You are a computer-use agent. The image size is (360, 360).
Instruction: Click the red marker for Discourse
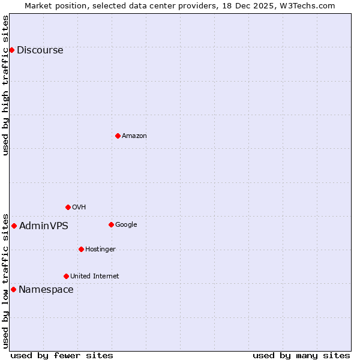(x=11, y=50)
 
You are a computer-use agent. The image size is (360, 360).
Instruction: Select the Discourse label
(x=40, y=50)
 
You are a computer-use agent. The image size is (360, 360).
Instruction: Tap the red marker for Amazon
(x=118, y=136)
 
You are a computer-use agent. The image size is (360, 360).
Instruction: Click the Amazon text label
(x=134, y=136)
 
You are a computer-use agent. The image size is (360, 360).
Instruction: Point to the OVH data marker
(x=68, y=207)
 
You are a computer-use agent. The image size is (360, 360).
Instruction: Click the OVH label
(x=79, y=208)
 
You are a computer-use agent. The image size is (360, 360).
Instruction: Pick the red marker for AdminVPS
(x=14, y=226)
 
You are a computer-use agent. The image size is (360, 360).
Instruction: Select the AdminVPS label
(x=44, y=226)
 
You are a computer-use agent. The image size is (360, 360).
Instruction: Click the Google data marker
(x=111, y=224)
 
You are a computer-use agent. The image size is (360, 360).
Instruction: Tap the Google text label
(x=126, y=225)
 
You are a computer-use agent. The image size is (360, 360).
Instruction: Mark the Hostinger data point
(x=81, y=249)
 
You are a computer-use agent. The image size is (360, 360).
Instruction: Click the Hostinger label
(x=100, y=250)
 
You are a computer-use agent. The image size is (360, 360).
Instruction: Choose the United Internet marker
(x=66, y=276)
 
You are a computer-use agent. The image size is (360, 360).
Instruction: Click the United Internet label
(x=95, y=277)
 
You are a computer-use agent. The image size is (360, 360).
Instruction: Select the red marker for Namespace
(x=13, y=289)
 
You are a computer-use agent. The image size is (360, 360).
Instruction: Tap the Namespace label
(x=46, y=290)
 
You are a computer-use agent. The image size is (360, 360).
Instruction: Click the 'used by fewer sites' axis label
(x=62, y=355)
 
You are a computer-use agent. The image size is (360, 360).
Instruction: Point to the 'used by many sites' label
(x=301, y=355)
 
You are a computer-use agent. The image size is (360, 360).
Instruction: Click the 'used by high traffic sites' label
(x=6, y=85)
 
